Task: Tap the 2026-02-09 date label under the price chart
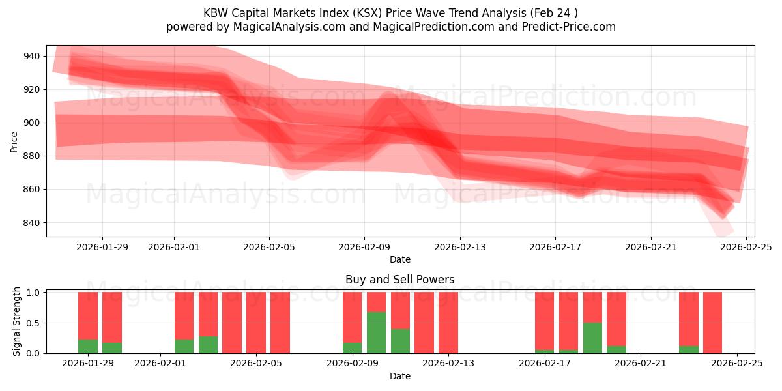click(364, 247)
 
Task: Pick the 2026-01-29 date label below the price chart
click(102, 247)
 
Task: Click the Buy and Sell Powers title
click(400, 280)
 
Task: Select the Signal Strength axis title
click(18, 322)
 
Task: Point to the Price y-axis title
click(14, 141)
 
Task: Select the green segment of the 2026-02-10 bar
click(376, 332)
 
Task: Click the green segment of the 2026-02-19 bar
click(592, 338)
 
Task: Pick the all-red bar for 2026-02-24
click(712, 323)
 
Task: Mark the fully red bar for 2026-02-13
click(448, 323)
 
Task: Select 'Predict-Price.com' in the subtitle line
click(571, 27)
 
